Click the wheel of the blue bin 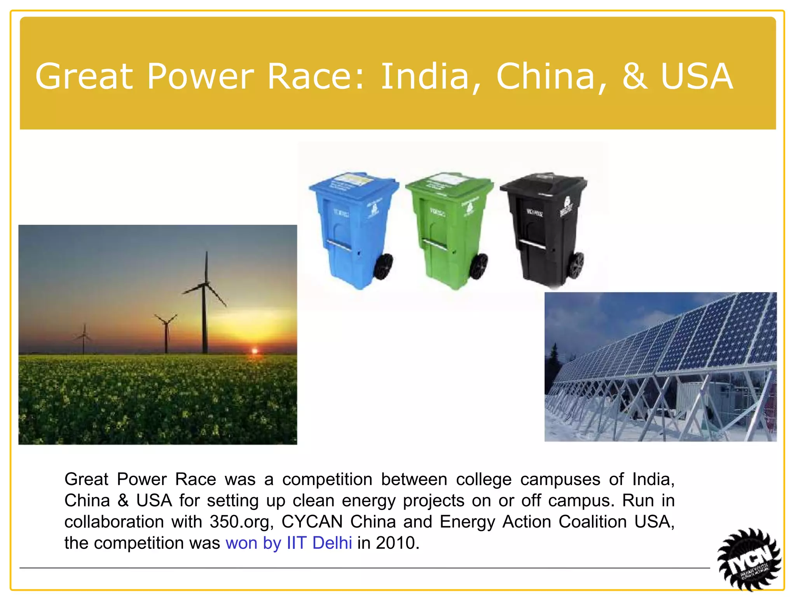[x=383, y=267]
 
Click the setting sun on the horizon [x=255, y=351]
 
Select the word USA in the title [x=696, y=77]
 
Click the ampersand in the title [x=634, y=77]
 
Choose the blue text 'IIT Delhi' [x=319, y=543]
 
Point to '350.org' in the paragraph [x=241, y=522]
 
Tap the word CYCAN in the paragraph [x=312, y=522]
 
